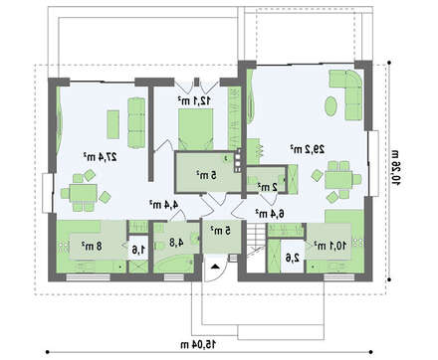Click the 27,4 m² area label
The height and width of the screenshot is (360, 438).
[x=100, y=156]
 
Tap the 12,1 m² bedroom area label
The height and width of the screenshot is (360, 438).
[x=194, y=99]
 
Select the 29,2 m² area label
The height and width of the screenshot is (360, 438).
[x=308, y=149]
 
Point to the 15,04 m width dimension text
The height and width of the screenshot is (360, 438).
[x=200, y=344]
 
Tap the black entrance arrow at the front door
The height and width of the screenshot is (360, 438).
[x=215, y=266]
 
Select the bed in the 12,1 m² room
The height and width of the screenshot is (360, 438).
[x=196, y=129]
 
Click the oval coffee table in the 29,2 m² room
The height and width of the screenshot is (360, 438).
[x=330, y=106]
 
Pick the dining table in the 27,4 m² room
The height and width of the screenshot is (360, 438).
[x=84, y=193]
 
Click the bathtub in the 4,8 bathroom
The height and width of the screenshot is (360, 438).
[x=173, y=266]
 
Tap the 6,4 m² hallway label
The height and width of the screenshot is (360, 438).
[x=270, y=213]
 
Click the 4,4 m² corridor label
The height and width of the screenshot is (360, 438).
[x=164, y=204]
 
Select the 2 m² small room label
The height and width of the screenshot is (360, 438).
[x=268, y=187]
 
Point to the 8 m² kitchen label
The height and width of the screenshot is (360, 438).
[x=92, y=246]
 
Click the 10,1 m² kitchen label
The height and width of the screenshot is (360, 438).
[x=330, y=246]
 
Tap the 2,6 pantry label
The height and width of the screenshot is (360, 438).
[x=293, y=258]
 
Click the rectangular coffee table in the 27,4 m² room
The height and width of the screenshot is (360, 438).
[x=113, y=124]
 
